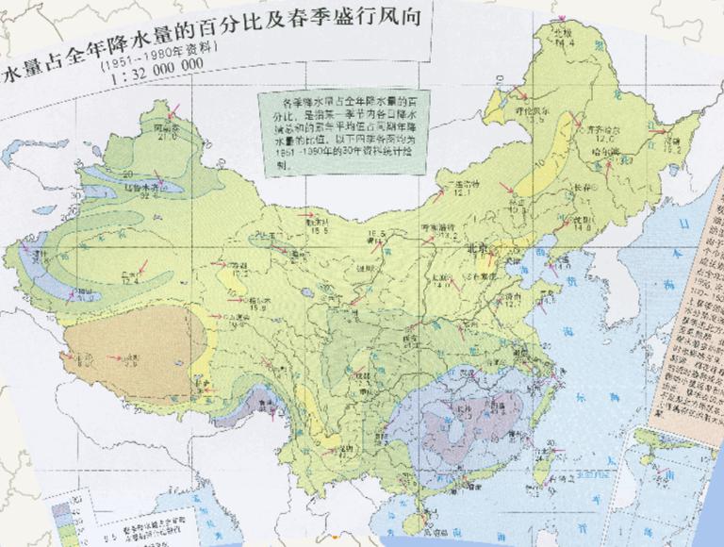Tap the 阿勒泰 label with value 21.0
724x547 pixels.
click(x=166, y=126)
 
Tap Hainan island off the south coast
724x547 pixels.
click(x=420, y=517)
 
